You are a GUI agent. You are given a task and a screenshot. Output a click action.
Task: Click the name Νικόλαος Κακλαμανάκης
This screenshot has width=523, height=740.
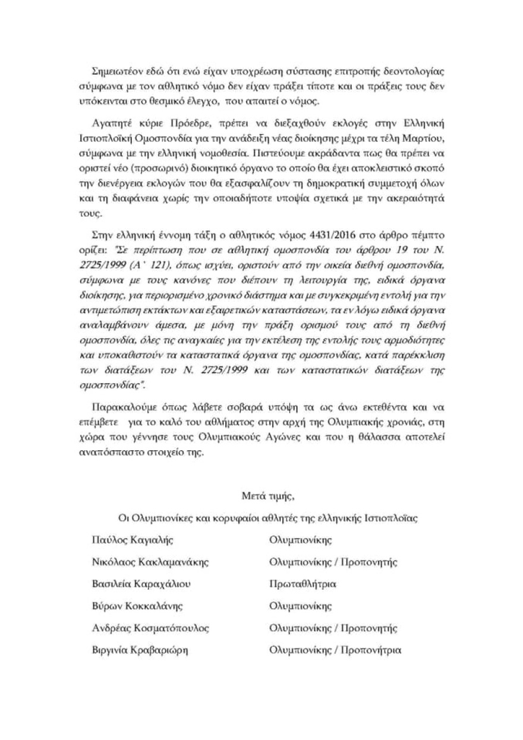142,562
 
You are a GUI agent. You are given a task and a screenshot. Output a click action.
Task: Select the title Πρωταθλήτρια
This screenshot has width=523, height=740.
303,584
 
